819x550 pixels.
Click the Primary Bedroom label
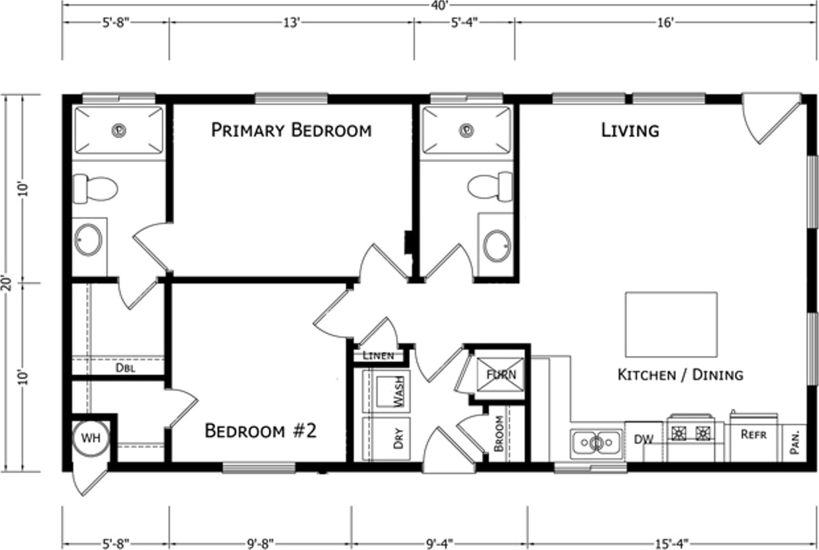tap(291, 131)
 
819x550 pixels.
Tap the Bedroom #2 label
tap(260, 431)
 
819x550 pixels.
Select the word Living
tap(630, 131)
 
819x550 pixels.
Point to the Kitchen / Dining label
tap(680, 375)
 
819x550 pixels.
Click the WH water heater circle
tap(91, 438)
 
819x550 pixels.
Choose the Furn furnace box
tap(501, 375)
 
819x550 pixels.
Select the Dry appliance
tap(386, 439)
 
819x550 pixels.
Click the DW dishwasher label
tap(644, 439)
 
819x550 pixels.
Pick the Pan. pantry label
tap(794, 442)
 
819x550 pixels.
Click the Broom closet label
tap(499, 434)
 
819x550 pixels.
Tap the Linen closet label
tap(378, 355)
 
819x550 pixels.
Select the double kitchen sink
tap(597, 444)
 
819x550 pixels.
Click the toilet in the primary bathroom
tap(95, 189)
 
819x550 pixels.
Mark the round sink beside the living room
tap(497, 246)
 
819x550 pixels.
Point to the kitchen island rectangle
tap(671, 325)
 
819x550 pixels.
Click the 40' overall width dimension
tap(440, 5)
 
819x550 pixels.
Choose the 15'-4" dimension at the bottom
tap(672, 544)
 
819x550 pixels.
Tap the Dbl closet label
tap(125, 368)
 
